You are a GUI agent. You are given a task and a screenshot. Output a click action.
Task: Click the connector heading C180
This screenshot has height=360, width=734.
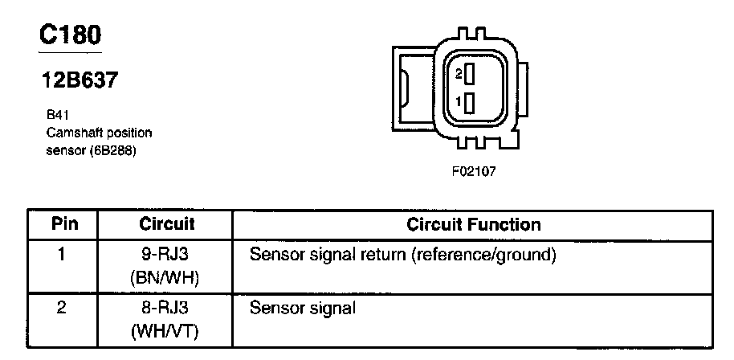point(71,35)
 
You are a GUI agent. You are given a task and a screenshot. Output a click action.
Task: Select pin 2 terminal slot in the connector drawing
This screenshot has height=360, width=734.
point(469,74)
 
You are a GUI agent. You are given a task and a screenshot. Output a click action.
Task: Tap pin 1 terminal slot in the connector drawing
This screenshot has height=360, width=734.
point(469,102)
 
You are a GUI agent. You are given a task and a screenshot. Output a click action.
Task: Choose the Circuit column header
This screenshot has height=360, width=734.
point(167,223)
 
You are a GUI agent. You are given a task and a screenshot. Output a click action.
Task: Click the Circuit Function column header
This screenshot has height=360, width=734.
point(474,223)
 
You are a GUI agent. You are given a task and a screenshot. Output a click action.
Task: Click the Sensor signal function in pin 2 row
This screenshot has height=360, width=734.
point(302,308)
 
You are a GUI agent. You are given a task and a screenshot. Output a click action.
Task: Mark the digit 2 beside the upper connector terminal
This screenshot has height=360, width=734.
point(458,74)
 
